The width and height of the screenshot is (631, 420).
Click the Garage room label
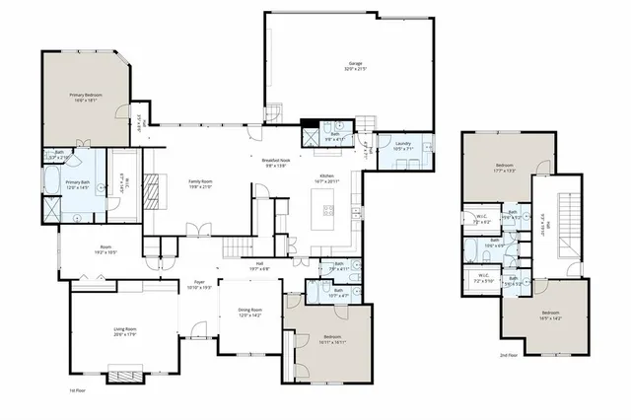coord(348,62)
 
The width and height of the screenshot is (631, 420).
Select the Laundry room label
coord(402,143)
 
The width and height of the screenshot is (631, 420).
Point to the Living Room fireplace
coord(123,376)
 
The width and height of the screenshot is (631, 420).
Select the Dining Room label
coord(250,311)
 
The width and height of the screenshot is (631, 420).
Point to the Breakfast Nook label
coord(276,160)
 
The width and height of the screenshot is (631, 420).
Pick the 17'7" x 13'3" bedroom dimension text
coord(504,171)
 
